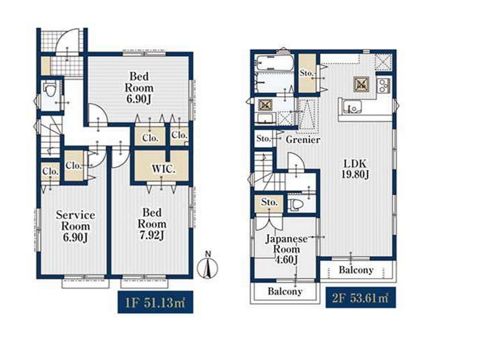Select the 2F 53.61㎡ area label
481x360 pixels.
tap(361, 297)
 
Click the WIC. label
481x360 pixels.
tap(163, 169)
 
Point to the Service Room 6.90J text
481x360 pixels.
tap(75, 226)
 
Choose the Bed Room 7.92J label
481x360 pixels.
tap(152, 224)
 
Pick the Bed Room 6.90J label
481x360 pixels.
tap(139, 87)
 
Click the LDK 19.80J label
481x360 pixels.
tap(355, 168)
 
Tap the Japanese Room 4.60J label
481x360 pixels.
tap(286, 249)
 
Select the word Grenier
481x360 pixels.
tap(303, 140)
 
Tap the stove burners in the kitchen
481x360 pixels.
tap(384, 85)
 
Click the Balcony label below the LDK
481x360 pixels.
tap(356, 270)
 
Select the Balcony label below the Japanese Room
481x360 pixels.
tap(285, 291)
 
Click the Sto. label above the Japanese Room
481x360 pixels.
tap(270, 202)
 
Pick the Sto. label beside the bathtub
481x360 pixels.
tap(307, 73)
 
